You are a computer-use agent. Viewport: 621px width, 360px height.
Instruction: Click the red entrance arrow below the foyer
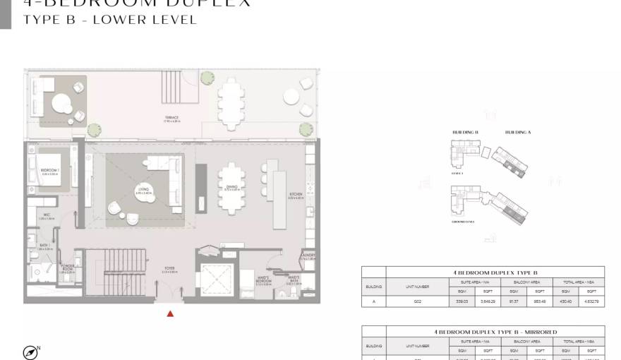click(169, 313)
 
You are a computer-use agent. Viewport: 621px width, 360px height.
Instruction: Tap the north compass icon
click(30, 352)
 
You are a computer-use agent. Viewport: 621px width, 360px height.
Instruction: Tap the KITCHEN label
click(296, 196)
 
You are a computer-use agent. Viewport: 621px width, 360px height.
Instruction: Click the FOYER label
click(170, 269)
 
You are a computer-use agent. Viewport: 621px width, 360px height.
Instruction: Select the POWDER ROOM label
click(68, 268)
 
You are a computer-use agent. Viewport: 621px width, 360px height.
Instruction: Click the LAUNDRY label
click(308, 257)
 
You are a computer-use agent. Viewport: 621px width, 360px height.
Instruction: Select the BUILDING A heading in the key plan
click(518, 133)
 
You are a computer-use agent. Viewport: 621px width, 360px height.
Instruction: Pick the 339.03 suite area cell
click(462, 302)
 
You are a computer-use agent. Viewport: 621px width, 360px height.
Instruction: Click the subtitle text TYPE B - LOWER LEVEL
click(110, 20)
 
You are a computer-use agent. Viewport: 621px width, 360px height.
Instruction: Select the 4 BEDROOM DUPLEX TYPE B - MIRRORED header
click(495, 332)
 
